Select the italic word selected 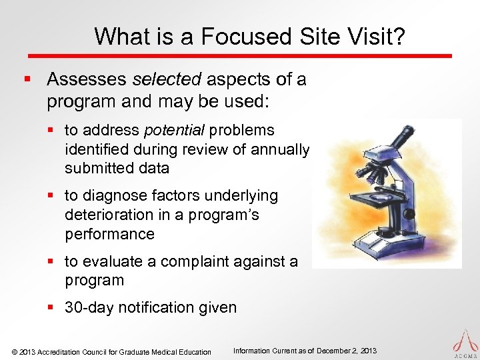tap(167, 80)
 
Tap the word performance tap(109, 234)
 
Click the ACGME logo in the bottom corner tap(465, 343)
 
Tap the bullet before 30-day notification tap(55, 307)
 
